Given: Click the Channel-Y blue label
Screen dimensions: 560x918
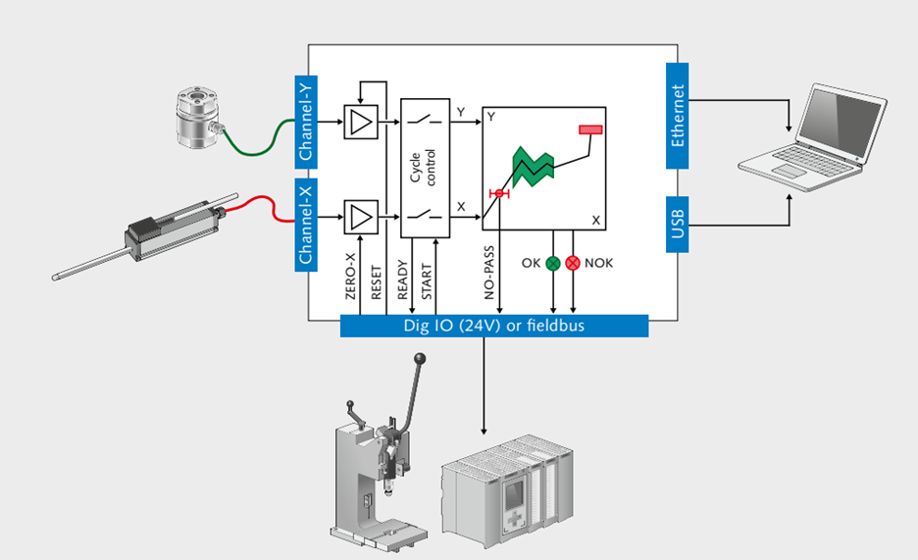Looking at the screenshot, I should (307, 123).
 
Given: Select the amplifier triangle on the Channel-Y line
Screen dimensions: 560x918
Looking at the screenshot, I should (360, 123).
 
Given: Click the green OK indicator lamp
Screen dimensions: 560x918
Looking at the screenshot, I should (552, 263).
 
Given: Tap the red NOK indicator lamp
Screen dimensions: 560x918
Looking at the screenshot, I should (573, 263).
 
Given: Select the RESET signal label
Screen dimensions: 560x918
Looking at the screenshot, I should (377, 280).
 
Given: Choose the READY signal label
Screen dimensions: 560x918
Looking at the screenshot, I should (402, 279).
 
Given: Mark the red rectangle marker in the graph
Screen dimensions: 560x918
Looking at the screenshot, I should (591, 129).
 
